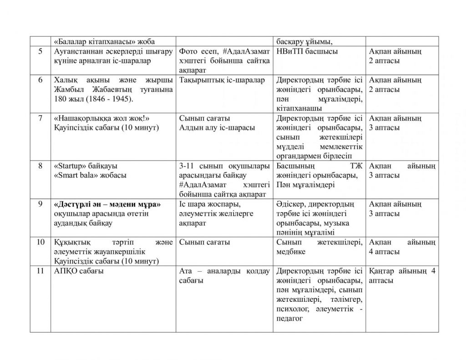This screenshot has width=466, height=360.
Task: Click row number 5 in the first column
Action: tap(41, 51)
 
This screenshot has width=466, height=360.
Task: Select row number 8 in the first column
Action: tap(41, 166)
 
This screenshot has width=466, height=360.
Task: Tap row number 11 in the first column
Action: tap(40, 271)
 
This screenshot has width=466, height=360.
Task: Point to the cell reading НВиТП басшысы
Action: tap(307, 51)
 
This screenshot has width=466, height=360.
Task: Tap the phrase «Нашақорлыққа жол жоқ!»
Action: tap(101, 118)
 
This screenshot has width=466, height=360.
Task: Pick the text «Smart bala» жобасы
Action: tap(90, 175)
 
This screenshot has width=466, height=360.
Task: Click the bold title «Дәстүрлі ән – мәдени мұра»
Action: tap(108, 204)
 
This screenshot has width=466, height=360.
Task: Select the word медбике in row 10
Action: tap(291, 252)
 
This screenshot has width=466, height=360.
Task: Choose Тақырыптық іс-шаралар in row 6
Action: tap(222, 80)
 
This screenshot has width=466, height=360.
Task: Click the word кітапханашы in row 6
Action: tap(298, 108)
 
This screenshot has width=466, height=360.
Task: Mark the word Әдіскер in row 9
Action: tap(291, 204)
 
